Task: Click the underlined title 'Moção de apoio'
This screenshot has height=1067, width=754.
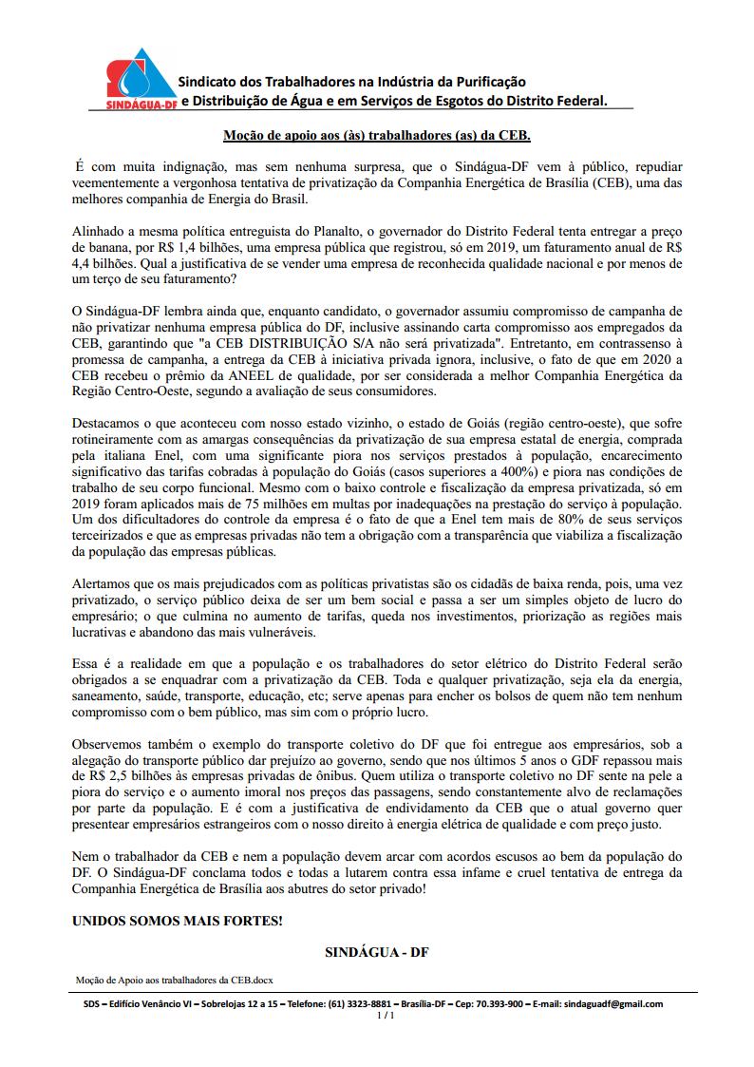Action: (x=376, y=136)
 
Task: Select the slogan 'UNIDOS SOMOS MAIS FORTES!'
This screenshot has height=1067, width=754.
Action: (x=178, y=922)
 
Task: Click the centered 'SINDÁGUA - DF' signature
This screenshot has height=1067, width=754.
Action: (x=377, y=952)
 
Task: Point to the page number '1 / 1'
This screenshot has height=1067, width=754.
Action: (x=385, y=1015)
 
